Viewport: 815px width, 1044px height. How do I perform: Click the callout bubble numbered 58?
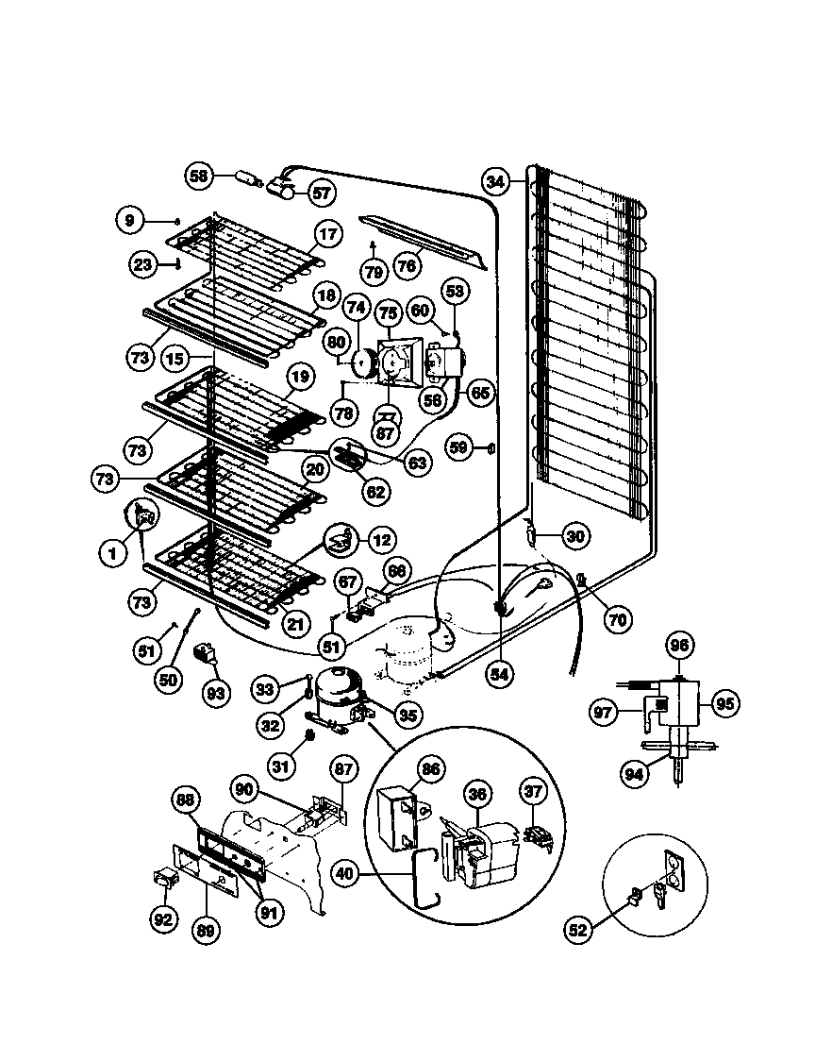point(197,176)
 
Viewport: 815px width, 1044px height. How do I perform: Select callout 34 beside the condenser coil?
point(497,180)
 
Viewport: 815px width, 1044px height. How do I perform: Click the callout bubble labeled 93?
point(217,693)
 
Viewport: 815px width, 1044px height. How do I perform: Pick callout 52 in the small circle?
point(577,930)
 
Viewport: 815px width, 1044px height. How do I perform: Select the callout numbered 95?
point(726,703)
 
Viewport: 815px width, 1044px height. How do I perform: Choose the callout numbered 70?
point(617,620)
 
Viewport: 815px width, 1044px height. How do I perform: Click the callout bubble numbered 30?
point(574,536)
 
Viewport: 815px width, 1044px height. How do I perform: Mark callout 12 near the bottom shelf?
point(380,541)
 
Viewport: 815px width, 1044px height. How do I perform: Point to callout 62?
point(375,491)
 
